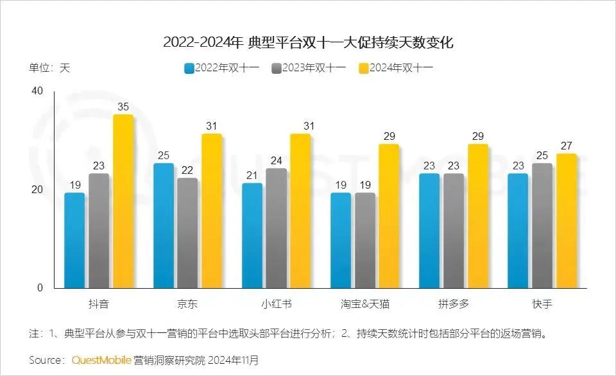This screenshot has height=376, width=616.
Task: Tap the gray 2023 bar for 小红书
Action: pos(276,228)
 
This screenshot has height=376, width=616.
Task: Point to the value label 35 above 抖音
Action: pos(123,107)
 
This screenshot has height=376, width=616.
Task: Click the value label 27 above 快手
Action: pos(566,146)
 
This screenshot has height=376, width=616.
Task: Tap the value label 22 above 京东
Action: pos(187,170)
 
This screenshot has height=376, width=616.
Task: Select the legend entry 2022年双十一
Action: pos(221,68)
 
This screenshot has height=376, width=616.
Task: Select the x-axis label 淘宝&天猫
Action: pos(364,303)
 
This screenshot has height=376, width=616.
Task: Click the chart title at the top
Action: pos(308,43)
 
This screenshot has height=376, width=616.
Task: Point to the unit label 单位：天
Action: pos(49,68)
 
